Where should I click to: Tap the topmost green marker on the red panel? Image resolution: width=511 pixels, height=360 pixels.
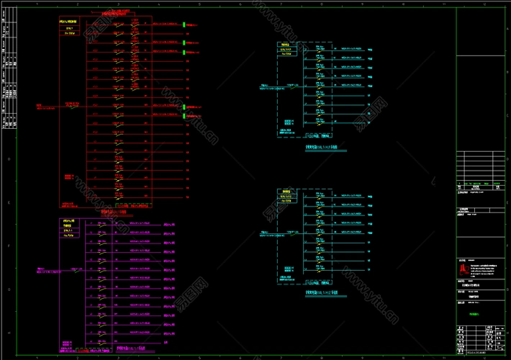(184, 25)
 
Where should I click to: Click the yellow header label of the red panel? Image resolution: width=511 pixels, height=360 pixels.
(69, 22)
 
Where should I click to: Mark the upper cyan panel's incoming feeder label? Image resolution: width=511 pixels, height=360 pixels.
(271, 89)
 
